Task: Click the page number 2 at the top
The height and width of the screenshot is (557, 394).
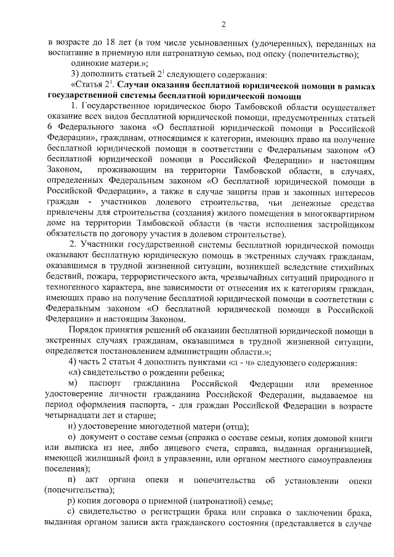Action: [223, 24]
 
